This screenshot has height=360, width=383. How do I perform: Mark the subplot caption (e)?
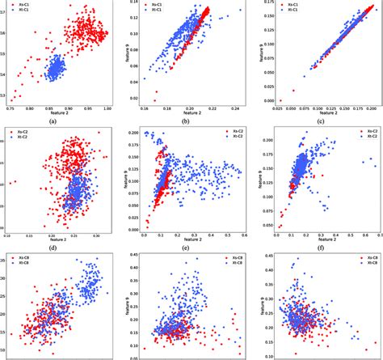click(183, 247)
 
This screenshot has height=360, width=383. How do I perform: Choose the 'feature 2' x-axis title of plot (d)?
click(55, 239)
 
